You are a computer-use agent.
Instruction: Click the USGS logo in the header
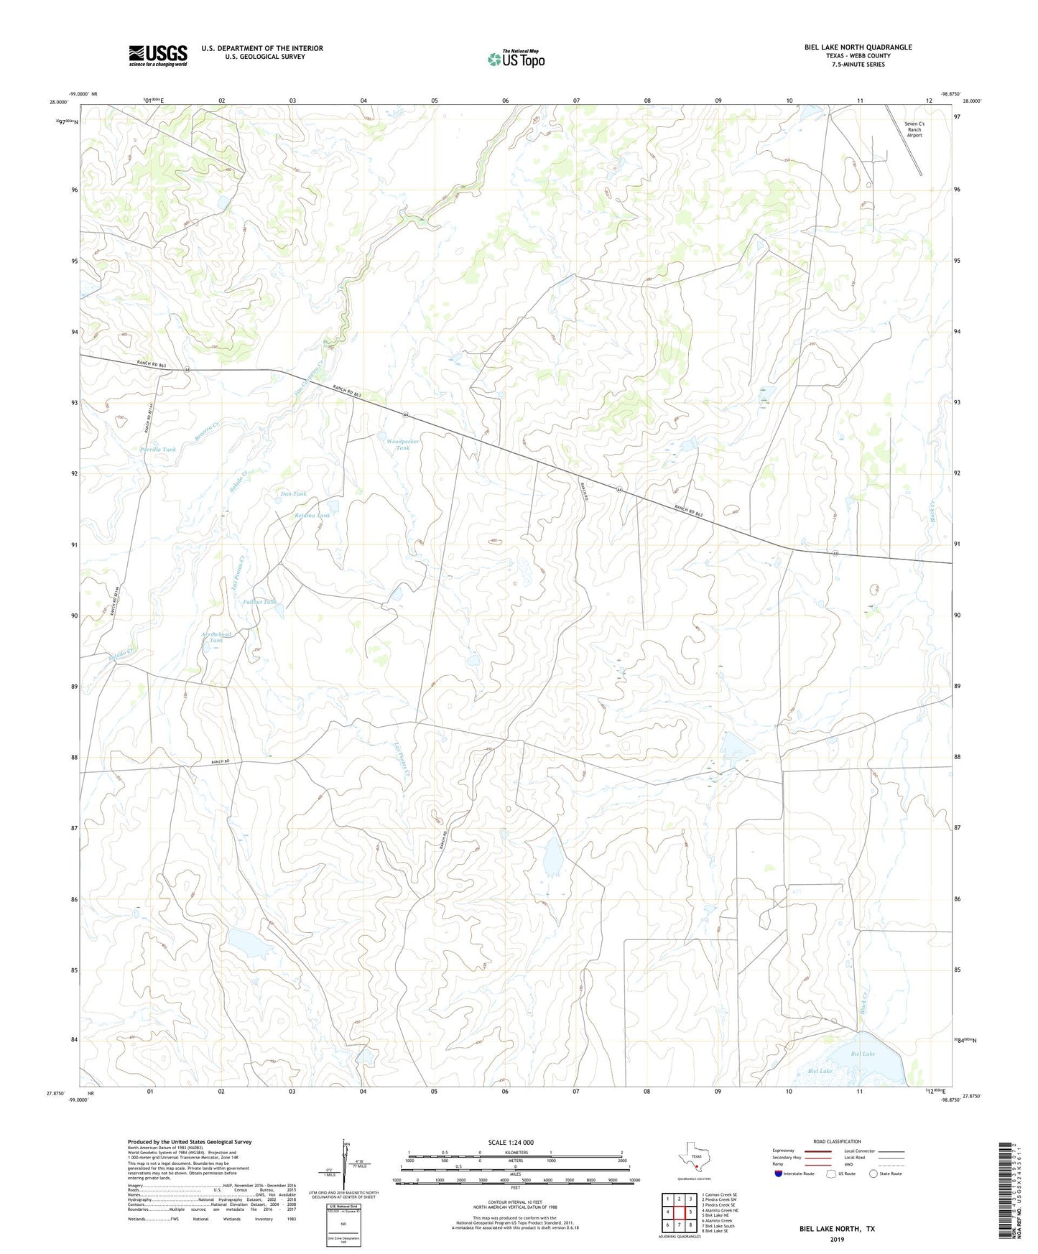pyautogui.click(x=158, y=55)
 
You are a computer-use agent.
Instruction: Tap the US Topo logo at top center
pyautogui.click(x=516, y=58)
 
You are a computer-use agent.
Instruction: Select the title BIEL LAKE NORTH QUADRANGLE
pyautogui.click(x=858, y=47)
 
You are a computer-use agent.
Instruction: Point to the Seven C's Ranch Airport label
pyautogui.click(x=914, y=129)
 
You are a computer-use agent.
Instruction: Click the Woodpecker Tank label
pyautogui.click(x=402, y=445)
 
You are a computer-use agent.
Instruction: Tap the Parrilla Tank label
pyautogui.click(x=158, y=450)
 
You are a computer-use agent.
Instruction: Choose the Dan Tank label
pyautogui.click(x=293, y=494)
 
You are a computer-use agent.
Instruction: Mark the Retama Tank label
pyautogui.click(x=312, y=516)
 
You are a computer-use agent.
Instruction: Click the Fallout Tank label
pyautogui.click(x=259, y=602)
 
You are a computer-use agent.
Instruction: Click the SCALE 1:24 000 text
pyautogui.click(x=511, y=1143)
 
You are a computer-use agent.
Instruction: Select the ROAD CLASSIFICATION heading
pyautogui.click(x=837, y=1141)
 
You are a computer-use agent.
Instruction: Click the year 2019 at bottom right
pyautogui.click(x=837, y=1239)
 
